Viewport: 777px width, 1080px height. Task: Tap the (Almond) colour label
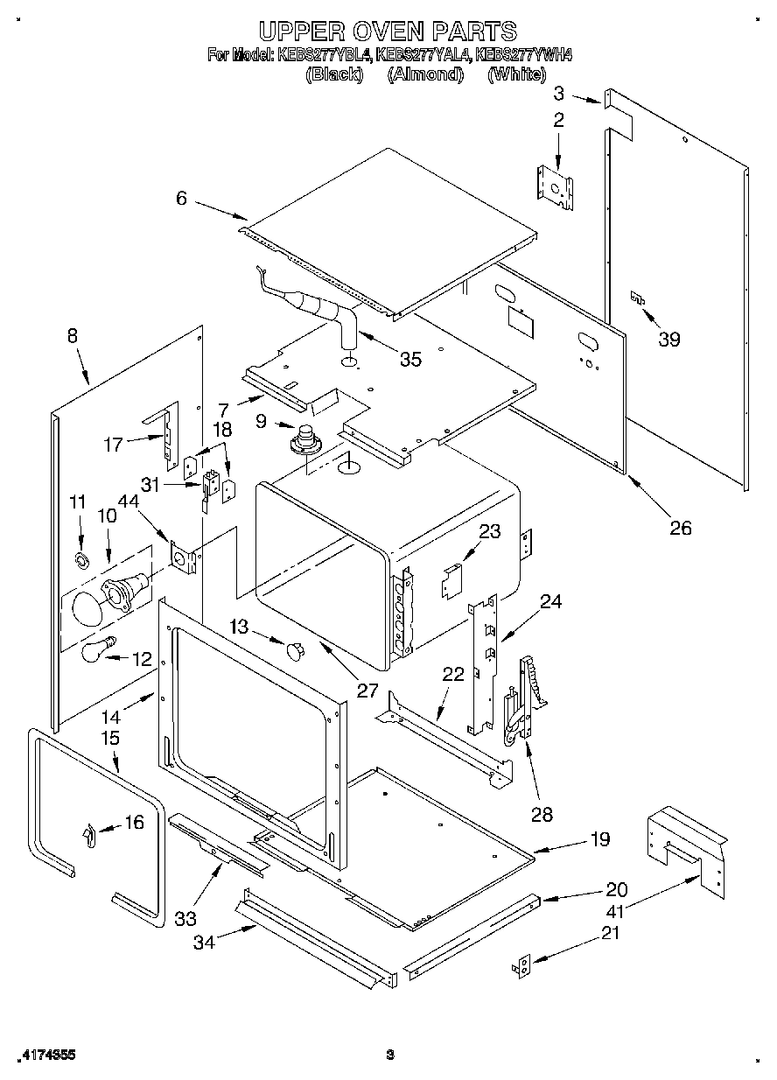tap(425, 74)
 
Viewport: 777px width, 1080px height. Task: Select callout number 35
tap(409, 359)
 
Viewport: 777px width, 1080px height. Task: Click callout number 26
tap(680, 527)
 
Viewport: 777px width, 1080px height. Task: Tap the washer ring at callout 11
tap(80, 559)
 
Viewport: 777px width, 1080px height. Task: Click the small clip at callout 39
tap(640, 299)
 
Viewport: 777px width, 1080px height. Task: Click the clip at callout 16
tap(88, 834)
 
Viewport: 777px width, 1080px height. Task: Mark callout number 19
tap(599, 839)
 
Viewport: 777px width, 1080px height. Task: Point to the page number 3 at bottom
tap(390, 1055)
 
